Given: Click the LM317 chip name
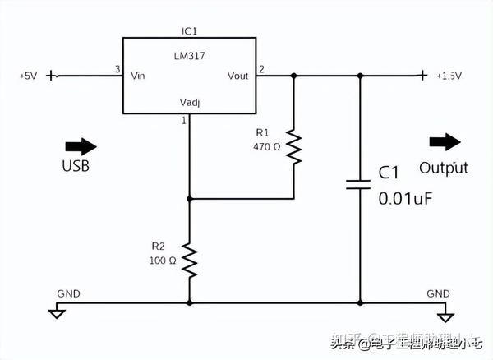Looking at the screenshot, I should coord(189,55).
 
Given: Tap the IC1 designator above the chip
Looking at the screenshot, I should coord(190,30).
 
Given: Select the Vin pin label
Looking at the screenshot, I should coord(138,76).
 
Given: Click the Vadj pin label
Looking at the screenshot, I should coord(191,103).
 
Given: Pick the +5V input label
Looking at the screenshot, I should coord(27,76).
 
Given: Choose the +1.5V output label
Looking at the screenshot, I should coord(449,76).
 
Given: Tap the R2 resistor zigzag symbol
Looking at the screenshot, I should coord(190,260).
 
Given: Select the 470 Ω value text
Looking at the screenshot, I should coord(267,147).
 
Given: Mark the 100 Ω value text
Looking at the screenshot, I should coord(163,261).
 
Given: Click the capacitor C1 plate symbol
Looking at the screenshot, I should coord(359,182).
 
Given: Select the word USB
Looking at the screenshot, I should coord(75,166).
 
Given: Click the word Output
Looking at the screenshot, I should coord(444,168).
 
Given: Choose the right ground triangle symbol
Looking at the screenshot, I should coord(445,316).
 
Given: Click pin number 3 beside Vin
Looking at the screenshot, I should coord(117,69).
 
